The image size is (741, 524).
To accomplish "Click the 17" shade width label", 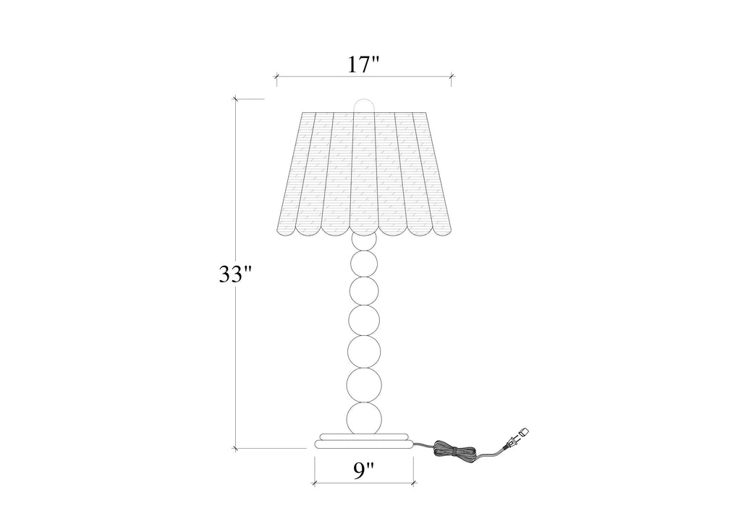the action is tap(363, 64).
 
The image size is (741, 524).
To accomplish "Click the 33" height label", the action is tap(235, 274).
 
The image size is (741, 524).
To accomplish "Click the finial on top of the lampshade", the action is tap(364, 105).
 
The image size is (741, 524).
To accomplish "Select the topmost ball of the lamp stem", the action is tap(364, 241).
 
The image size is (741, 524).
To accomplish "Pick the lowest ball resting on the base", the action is tap(364, 418).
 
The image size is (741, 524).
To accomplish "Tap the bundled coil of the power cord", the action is tap(453, 449).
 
